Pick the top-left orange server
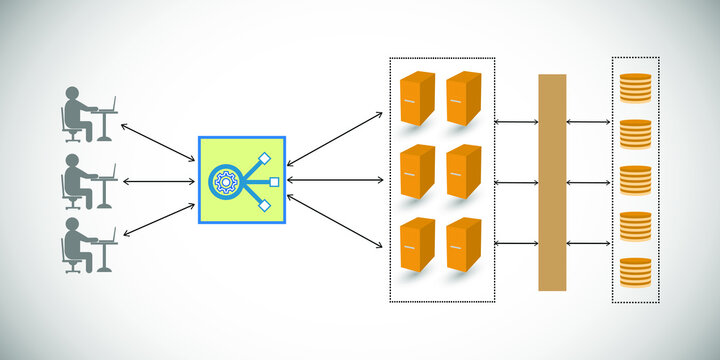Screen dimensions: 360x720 click(x=417, y=97)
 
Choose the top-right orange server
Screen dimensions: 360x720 click(x=464, y=97)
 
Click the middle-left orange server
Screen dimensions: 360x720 click(x=417, y=171)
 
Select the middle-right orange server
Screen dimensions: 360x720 click(x=464, y=171)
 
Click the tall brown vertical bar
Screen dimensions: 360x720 click(x=552, y=182)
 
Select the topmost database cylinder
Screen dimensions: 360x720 click(x=636, y=88)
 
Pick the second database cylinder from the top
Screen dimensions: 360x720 click(x=636, y=134)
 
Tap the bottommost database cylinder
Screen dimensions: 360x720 click(x=636, y=273)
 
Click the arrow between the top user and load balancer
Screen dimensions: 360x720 click(x=157, y=141)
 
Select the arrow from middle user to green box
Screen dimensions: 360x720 click(x=157, y=182)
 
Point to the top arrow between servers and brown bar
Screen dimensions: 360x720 click(x=516, y=122)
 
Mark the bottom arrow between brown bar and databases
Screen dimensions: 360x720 click(x=589, y=242)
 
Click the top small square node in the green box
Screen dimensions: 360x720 click(x=265, y=158)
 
